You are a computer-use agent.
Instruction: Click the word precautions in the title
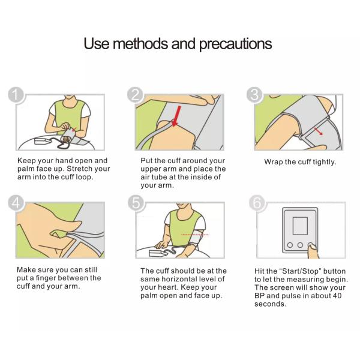coord(236,44)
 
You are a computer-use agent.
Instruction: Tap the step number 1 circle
coord(16,95)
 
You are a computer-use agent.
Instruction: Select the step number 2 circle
coord(135,95)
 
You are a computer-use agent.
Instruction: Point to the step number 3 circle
coord(254,95)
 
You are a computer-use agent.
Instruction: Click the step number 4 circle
coord(16,203)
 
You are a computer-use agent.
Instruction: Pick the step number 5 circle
coord(136,203)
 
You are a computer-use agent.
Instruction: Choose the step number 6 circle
coord(257,203)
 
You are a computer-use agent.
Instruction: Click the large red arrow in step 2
coord(176,116)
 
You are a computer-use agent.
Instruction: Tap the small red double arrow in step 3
coord(318,131)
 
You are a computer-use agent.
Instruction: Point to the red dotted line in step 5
coord(194,235)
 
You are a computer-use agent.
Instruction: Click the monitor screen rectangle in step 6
coord(300,226)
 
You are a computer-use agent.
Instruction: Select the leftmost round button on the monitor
coord(290,245)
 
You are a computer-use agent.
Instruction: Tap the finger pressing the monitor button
coord(313,251)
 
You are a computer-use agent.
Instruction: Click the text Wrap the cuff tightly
coord(300,162)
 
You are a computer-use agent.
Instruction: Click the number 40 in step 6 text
coord(337,296)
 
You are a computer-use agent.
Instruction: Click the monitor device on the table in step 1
coord(42,141)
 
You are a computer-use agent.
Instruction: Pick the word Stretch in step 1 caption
coord(77,169)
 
